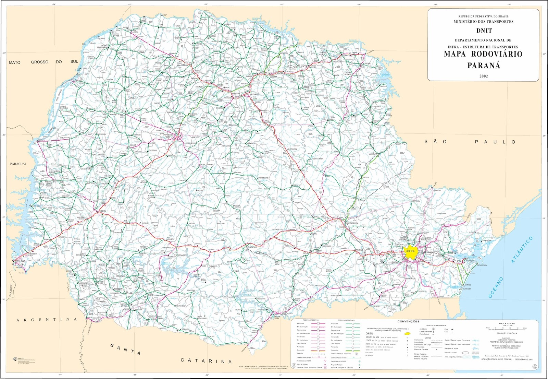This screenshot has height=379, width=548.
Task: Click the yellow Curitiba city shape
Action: [x=410, y=251]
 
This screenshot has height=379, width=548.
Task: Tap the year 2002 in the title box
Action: [x=484, y=76]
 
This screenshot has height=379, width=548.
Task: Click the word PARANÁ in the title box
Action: [x=484, y=66]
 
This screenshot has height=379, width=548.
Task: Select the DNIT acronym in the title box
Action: [x=484, y=31]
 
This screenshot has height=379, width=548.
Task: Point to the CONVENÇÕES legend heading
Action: [x=408, y=321]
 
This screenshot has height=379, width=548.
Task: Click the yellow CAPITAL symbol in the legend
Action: [x=407, y=333]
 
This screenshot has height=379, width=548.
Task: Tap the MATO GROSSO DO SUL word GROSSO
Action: [x=40, y=62]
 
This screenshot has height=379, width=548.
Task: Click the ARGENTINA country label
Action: [x=47, y=320]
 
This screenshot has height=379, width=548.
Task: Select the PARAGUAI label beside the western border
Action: [x=18, y=164]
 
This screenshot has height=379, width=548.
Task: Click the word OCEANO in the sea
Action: [x=496, y=287]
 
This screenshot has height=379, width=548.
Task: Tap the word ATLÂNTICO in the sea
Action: [x=522, y=250]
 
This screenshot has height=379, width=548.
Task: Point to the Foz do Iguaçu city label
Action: [x=21, y=261]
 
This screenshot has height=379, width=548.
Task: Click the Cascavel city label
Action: [x=102, y=211]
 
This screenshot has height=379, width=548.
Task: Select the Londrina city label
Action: [x=273, y=77]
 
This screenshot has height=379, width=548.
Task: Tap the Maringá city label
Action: [x=208, y=81]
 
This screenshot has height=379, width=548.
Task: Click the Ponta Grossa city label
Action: [x=352, y=223]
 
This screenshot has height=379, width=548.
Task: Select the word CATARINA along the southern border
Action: [x=206, y=361]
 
